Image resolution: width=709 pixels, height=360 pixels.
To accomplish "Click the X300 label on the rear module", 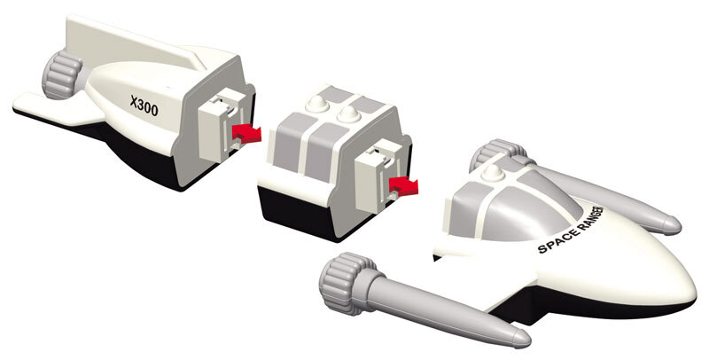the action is (144, 106).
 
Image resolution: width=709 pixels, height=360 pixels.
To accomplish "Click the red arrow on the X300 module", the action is (246, 133).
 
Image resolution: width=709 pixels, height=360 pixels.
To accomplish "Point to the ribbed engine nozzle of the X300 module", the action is (60, 74).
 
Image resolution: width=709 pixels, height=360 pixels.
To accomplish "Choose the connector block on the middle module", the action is (379, 176).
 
